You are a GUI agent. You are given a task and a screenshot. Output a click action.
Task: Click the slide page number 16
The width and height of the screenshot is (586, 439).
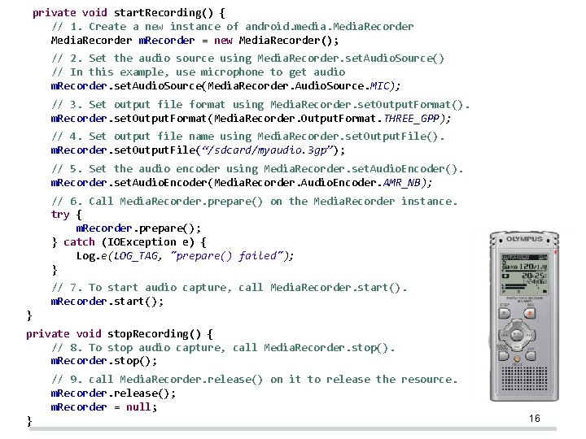pyautogui.click(x=535, y=418)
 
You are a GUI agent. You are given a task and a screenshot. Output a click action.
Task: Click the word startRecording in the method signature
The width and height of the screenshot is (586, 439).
pyautogui.click(x=157, y=12)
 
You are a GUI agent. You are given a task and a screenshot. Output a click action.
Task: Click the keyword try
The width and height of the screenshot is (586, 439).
pyautogui.click(x=60, y=215)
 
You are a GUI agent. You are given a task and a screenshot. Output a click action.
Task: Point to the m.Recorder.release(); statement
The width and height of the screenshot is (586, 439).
pyautogui.click(x=113, y=393)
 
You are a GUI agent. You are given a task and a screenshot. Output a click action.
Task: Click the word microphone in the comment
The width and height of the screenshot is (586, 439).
pyautogui.click(x=231, y=72)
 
